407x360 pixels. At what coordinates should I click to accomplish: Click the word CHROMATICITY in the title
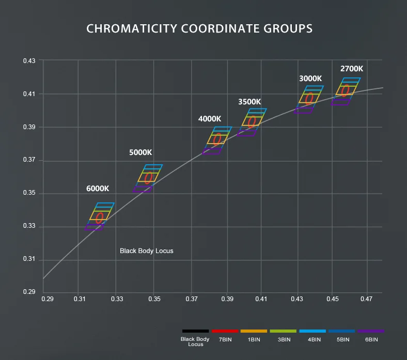pyautogui.click(x=132, y=28)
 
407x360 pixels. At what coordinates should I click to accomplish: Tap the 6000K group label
pyautogui.click(x=98, y=189)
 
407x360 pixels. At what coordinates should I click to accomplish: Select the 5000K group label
pyautogui.click(x=140, y=152)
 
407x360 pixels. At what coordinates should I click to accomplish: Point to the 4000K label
pyautogui.click(x=210, y=119)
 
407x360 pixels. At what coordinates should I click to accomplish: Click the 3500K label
pyautogui.click(x=249, y=102)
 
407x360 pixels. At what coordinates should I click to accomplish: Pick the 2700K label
pyautogui.click(x=352, y=69)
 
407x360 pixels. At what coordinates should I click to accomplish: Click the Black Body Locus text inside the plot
pyautogui.click(x=146, y=251)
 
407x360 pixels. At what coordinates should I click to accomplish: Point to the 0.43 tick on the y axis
pyautogui.click(x=29, y=61)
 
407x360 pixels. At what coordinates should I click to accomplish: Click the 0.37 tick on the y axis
pyautogui.click(x=29, y=160)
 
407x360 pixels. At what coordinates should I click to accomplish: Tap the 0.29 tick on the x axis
pyautogui.click(x=48, y=299)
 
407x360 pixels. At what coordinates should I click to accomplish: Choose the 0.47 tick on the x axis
pyautogui.click(x=366, y=299)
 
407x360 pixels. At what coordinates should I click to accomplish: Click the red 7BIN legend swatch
pyautogui.click(x=225, y=331)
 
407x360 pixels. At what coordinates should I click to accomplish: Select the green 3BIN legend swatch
pyautogui.click(x=283, y=331)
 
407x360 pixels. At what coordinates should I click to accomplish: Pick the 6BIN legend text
pyautogui.click(x=371, y=339)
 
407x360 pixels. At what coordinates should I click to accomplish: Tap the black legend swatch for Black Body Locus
pyautogui.click(x=195, y=331)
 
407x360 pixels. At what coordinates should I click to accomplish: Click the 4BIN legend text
pyautogui.click(x=314, y=339)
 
